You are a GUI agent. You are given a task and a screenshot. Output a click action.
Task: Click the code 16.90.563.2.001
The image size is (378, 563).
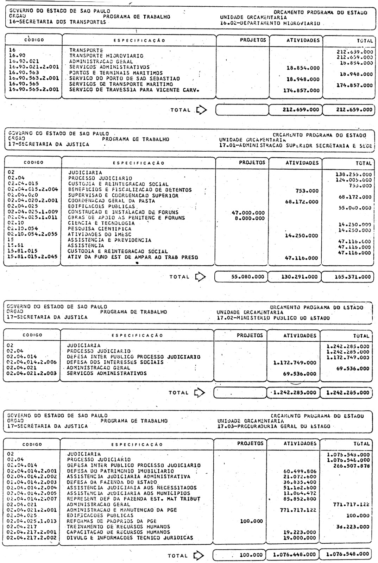(x=32, y=78)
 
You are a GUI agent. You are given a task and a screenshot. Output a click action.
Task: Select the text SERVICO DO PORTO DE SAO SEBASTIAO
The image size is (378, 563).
(x=125, y=78)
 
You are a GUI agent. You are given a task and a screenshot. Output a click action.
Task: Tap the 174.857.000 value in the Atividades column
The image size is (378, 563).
(x=301, y=90)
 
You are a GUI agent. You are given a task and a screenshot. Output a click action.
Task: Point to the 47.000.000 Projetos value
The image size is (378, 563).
(x=248, y=213)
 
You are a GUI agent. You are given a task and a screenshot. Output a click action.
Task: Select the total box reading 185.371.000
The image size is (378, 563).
(x=348, y=277)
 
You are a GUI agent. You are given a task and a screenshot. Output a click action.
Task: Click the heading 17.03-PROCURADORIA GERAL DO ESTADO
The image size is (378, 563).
(x=274, y=426)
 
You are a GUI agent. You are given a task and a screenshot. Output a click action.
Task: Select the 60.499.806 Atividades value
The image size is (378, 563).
(x=300, y=471)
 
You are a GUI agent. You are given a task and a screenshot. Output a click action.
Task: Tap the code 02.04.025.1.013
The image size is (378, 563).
(x=32, y=521)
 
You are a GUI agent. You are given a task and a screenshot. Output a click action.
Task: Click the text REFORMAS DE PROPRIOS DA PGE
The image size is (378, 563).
(x=112, y=521)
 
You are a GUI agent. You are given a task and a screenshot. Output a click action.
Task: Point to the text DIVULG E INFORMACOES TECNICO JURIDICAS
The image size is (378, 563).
(x=130, y=538)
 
